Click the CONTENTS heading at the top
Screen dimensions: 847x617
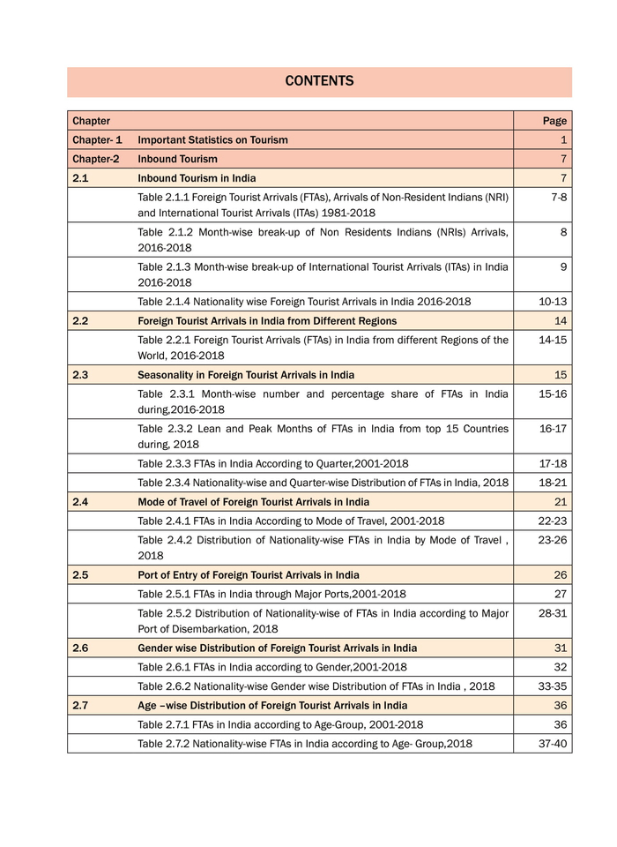[x=319, y=81]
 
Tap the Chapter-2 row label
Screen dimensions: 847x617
[x=96, y=160]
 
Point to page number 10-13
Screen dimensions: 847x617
[x=553, y=302]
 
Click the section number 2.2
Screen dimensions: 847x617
[x=80, y=321]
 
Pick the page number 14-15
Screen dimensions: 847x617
[x=553, y=340]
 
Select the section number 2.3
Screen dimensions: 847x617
[x=80, y=375]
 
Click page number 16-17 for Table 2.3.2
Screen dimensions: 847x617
[x=553, y=429]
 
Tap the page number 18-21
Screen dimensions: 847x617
[x=553, y=483]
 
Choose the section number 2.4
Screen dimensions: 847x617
[x=80, y=502]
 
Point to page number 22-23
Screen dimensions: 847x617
[x=553, y=521]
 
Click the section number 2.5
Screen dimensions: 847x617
[x=80, y=575]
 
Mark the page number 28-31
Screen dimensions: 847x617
[x=553, y=613]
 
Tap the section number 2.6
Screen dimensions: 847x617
[x=80, y=648]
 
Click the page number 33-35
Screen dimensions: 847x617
[x=553, y=686]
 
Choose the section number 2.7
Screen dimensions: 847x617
[x=80, y=706]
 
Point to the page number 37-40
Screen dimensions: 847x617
[x=553, y=744]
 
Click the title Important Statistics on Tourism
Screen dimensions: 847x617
[x=212, y=140]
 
